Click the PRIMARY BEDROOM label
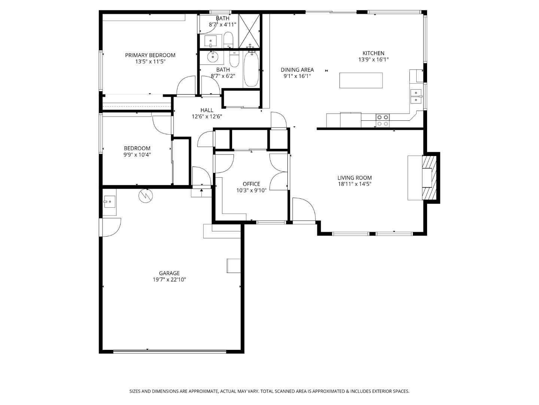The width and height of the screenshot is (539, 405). pos(150,55)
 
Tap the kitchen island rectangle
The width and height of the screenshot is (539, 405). pos(361,80)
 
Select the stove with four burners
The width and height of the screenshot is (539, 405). pos(383,120)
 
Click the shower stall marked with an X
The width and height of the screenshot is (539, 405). pos(249,31)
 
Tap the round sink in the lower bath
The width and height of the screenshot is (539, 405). pos(213,57)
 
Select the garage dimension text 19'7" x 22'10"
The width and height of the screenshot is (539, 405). pos(169,279)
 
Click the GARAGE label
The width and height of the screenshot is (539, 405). pos(169,273)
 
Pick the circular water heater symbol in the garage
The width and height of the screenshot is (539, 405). pos(146,196)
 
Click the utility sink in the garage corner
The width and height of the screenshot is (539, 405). pos(109,202)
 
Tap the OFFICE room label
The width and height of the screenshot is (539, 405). pos(251,184)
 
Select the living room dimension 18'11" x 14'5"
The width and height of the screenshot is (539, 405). pos(354,184)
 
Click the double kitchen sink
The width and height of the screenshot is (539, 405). pos(416,96)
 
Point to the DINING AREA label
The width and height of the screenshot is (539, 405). pos(297,70)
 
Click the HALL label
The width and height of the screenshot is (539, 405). pos(207,110)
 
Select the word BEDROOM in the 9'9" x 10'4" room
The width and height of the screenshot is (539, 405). pos(137,148)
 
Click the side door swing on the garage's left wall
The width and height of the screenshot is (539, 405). pos(110,228)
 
